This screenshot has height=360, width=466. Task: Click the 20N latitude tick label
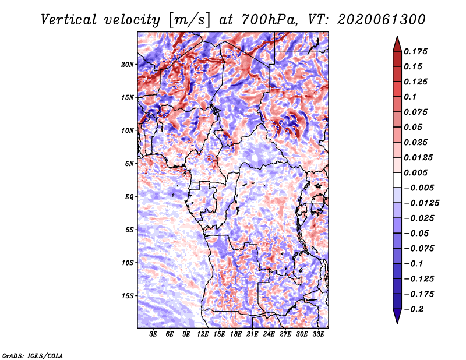pyautogui.click(x=128, y=65)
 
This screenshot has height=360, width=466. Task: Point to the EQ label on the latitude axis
pyautogui.click(x=129, y=197)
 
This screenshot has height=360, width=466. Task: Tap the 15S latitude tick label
pyautogui.click(x=128, y=296)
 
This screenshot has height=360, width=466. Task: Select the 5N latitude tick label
pyautogui.click(x=129, y=164)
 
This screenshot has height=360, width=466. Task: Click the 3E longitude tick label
pyautogui.click(x=153, y=334)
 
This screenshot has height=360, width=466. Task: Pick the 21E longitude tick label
pyautogui.click(x=252, y=334)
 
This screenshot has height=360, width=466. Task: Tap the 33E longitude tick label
pyautogui.click(x=318, y=334)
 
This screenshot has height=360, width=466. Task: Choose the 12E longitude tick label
pyautogui.click(x=203, y=334)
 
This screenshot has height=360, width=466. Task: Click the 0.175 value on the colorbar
pyautogui.click(x=415, y=51)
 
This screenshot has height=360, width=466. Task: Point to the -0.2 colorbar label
pyautogui.click(x=414, y=309)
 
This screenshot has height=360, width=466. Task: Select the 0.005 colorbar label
pyautogui.click(x=415, y=172)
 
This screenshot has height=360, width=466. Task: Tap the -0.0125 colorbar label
pyautogui.click(x=421, y=203)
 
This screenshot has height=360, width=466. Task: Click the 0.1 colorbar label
pyautogui.click(x=410, y=97)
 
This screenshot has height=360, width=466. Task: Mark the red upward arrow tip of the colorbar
pyautogui.click(x=397, y=37)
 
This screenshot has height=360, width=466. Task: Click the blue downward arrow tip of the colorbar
pyautogui.click(x=397, y=323)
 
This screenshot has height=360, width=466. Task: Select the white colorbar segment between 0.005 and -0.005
pyautogui.click(x=397, y=180)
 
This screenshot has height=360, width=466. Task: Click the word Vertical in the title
pyautogui.click(x=69, y=20)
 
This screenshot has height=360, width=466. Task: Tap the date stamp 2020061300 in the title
pyautogui.click(x=382, y=20)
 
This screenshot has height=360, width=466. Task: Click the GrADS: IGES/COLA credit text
pyautogui.click(x=33, y=355)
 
